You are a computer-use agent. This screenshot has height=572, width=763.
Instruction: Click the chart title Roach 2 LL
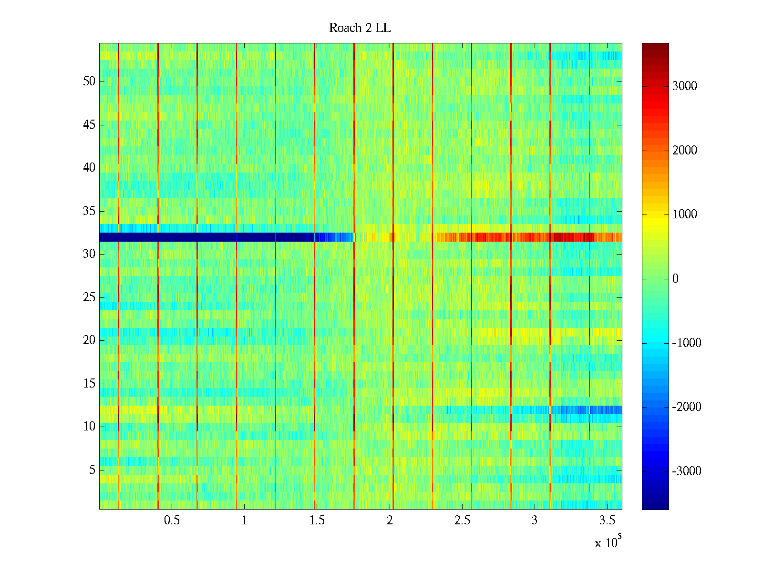click(x=360, y=28)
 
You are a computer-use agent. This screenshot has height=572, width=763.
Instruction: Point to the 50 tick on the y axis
click(x=89, y=82)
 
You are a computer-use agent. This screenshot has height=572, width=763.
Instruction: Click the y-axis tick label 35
click(x=89, y=211)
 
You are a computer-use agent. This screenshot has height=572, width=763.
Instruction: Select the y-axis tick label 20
click(x=89, y=340)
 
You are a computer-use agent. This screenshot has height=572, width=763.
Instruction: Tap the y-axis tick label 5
click(x=92, y=470)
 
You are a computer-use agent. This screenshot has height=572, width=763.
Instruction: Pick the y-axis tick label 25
click(x=89, y=297)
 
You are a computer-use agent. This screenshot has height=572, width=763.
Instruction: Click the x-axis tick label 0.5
click(x=172, y=521)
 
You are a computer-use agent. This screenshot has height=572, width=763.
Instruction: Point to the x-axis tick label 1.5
click(x=317, y=521)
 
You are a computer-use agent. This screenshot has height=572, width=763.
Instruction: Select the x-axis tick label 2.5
click(x=462, y=521)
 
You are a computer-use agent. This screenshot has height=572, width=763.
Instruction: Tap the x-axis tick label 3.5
click(x=607, y=521)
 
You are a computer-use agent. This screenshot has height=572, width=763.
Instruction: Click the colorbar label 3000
click(x=684, y=86)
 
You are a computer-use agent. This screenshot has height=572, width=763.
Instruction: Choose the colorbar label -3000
click(x=686, y=471)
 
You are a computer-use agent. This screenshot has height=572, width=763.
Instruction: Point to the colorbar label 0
click(x=675, y=279)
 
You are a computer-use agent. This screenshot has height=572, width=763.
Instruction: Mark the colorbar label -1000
click(x=686, y=343)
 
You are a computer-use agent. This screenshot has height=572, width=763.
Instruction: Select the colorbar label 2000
click(x=684, y=151)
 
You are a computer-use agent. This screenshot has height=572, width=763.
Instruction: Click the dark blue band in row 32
click(x=191, y=237)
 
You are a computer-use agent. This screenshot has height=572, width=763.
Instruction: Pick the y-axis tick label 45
click(x=89, y=125)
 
